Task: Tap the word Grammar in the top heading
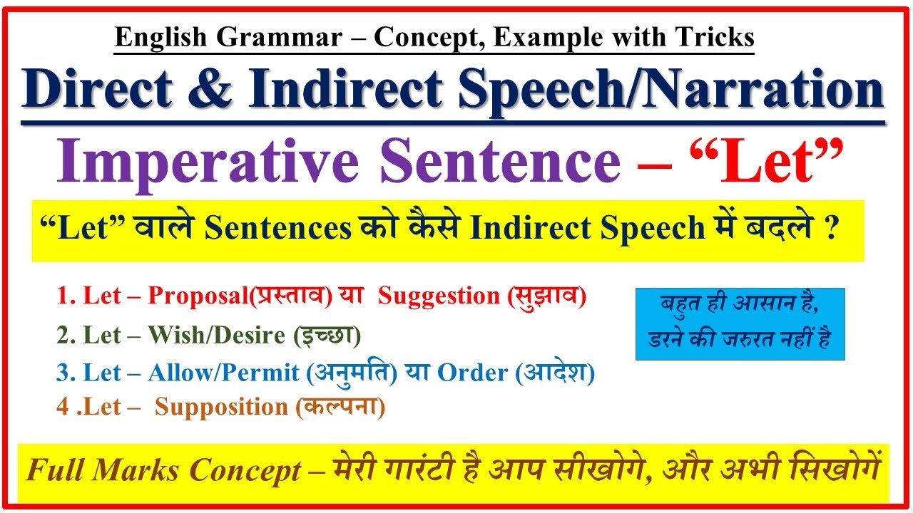point(256,38)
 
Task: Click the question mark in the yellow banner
point(830,230)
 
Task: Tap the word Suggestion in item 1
point(439,296)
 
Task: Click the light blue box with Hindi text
point(740,323)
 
